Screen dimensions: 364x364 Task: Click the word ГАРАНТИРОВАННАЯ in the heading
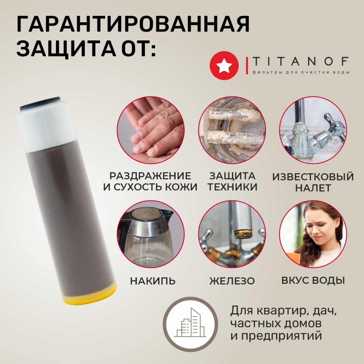133,24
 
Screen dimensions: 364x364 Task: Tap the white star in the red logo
224,65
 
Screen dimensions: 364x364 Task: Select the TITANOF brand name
300,61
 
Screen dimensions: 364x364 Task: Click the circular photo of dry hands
151,130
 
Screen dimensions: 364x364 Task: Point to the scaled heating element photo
232,130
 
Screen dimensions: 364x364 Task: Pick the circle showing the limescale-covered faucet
313,130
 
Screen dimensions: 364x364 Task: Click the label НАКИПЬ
153,281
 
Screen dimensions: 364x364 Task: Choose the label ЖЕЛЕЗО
232,281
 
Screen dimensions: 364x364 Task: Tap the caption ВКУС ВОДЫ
313,280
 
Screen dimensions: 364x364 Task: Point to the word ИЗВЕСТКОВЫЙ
313,177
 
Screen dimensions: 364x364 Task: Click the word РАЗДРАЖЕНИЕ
150,176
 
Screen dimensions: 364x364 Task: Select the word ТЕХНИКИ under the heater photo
232,187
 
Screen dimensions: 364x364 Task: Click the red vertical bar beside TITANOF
247,66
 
